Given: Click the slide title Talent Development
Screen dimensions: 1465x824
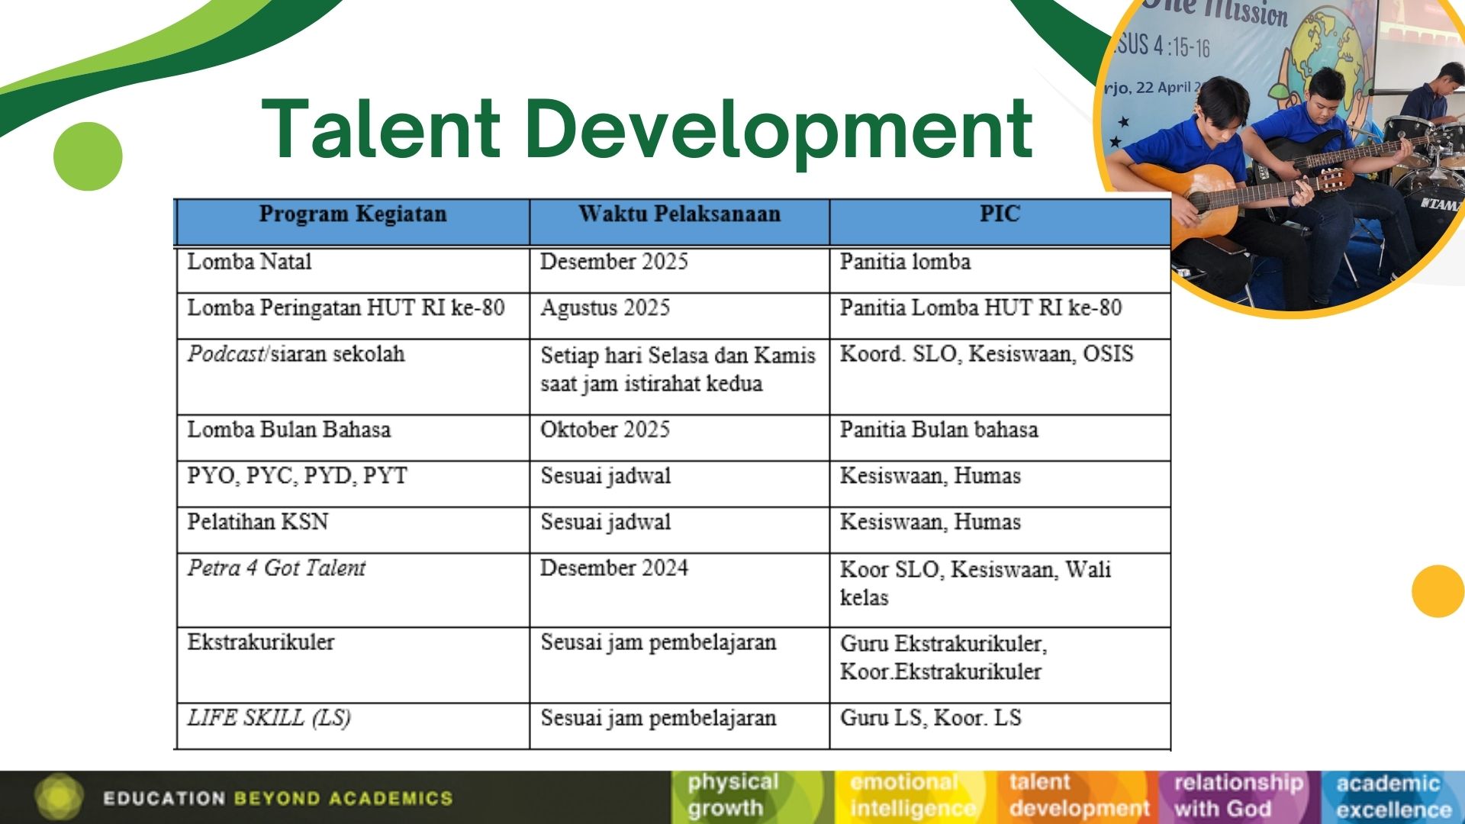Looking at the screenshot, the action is [647, 130].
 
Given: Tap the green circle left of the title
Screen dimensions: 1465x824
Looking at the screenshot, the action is [88, 156].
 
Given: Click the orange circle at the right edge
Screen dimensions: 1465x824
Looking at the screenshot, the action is [1439, 591].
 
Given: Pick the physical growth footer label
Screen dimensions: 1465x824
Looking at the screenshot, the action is [732, 795].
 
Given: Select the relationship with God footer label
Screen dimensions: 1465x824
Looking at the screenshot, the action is [1238, 796].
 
